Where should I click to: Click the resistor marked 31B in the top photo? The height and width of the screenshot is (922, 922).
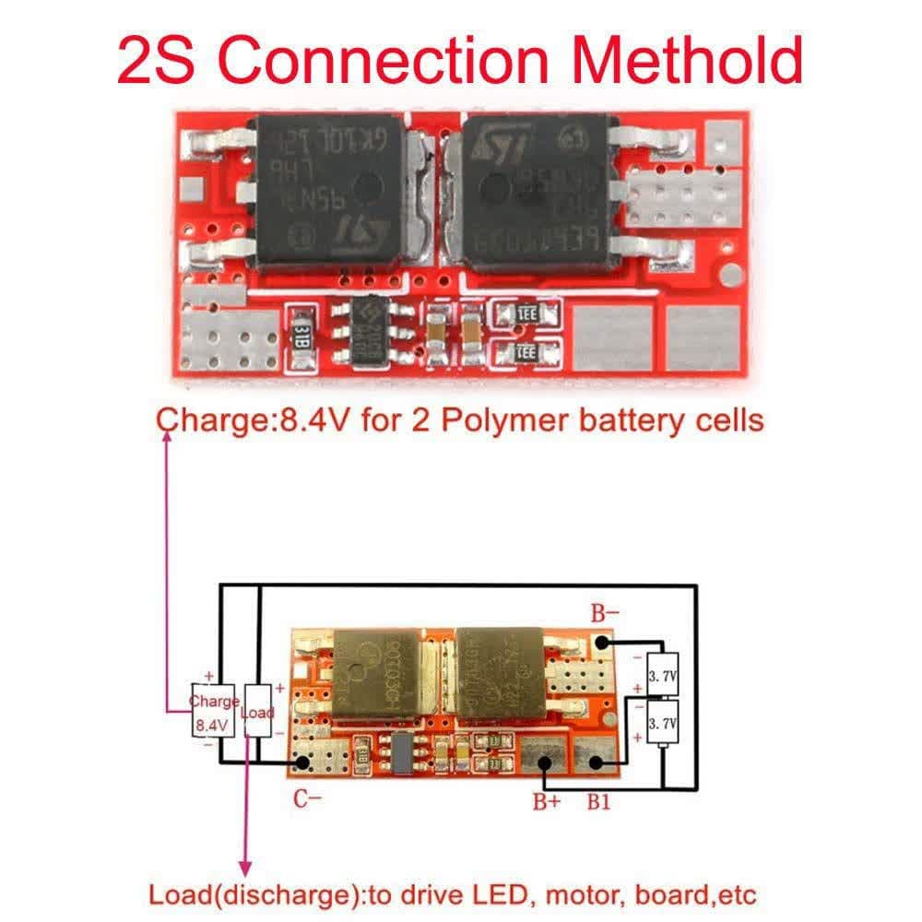301,336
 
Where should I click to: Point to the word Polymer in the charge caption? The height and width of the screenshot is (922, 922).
488,420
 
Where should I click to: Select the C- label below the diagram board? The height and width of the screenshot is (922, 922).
308,799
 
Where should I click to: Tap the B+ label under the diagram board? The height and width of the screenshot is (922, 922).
546,801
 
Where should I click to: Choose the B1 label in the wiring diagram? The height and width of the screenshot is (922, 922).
598,801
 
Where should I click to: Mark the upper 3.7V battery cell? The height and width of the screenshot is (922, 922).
662,676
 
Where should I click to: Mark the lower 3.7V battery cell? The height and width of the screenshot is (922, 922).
662,724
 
